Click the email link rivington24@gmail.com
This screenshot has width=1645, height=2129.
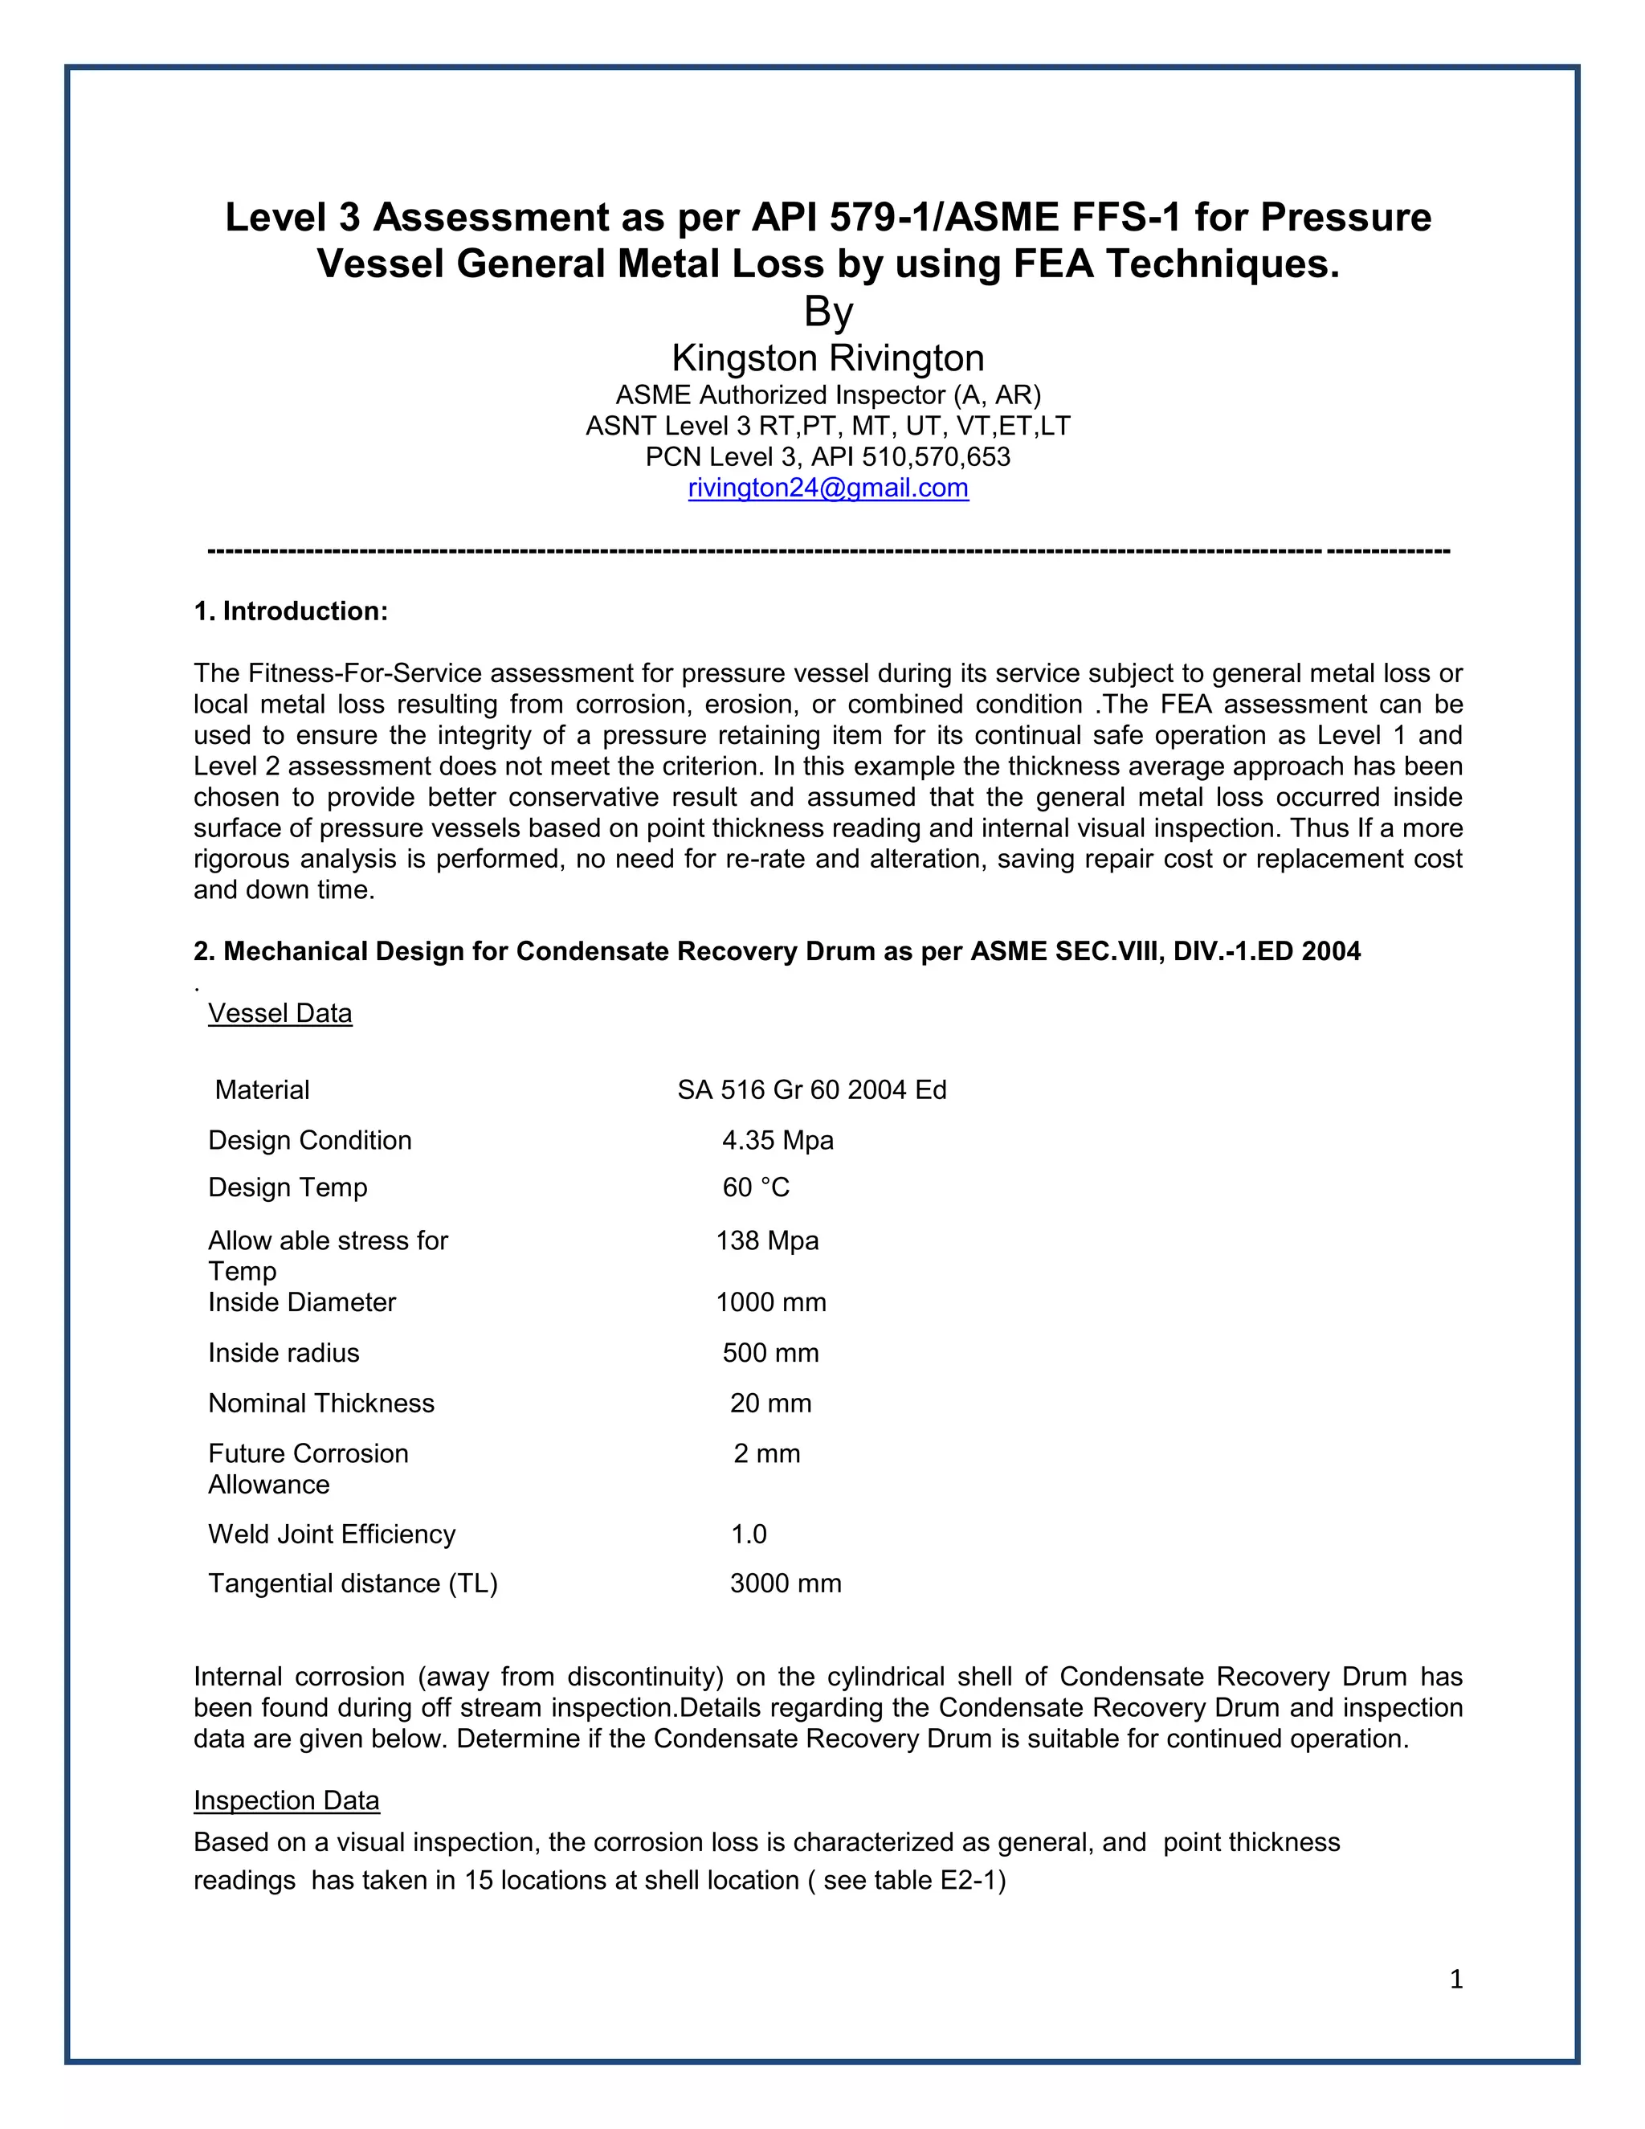[827, 488]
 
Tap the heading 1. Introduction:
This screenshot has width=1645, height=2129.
[291, 611]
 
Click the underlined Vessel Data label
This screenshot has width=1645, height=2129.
[280, 1013]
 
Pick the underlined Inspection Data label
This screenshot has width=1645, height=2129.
[287, 1800]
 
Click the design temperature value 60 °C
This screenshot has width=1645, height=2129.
[755, 1187]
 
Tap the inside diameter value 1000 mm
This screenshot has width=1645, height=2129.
[771, 1302]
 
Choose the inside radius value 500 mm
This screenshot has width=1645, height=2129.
[771, 1352]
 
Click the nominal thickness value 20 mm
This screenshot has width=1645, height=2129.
[771, 1403]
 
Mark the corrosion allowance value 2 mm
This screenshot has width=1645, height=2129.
[767, 1453]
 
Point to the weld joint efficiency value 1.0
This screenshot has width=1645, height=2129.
[749, 1534]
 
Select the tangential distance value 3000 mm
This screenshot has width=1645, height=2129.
[786, 1583]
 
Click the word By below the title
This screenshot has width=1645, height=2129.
[827, 312]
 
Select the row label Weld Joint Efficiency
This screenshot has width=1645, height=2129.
[332, 1534]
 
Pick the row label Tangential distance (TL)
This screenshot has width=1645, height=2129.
[353, 1583]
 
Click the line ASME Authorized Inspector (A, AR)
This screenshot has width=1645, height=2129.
[827, 394]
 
